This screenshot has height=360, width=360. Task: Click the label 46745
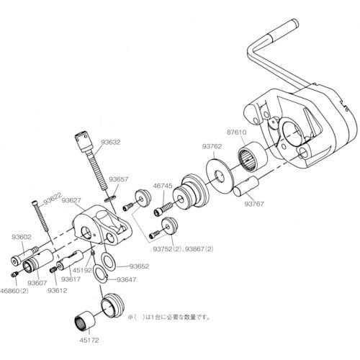pyautogui.click(x=163, y=185)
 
